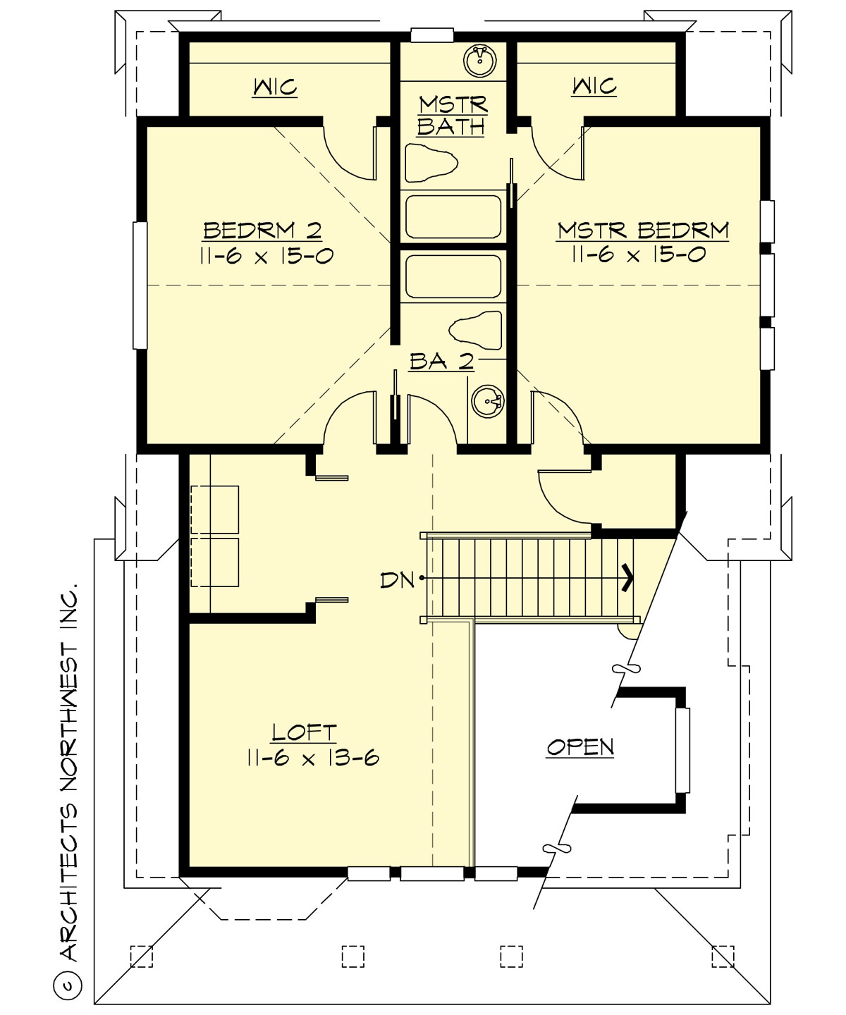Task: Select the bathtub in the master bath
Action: point(453,217)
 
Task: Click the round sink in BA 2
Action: point(487,402)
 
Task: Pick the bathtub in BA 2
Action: point(453,276)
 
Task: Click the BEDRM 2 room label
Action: point(262,230)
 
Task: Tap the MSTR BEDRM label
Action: point(642,230)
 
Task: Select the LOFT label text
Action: point(305,732)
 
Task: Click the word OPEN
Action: point(580,746)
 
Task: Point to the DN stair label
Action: point(397,580)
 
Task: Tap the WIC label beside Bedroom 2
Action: point(274,87)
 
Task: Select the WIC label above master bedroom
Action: point(594,86)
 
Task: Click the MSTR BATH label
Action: point(452,116)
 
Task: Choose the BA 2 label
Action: point(441,361)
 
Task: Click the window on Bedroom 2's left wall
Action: point(140,285)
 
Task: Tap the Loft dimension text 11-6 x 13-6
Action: point(313,758)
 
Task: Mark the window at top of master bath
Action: point(431,35)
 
